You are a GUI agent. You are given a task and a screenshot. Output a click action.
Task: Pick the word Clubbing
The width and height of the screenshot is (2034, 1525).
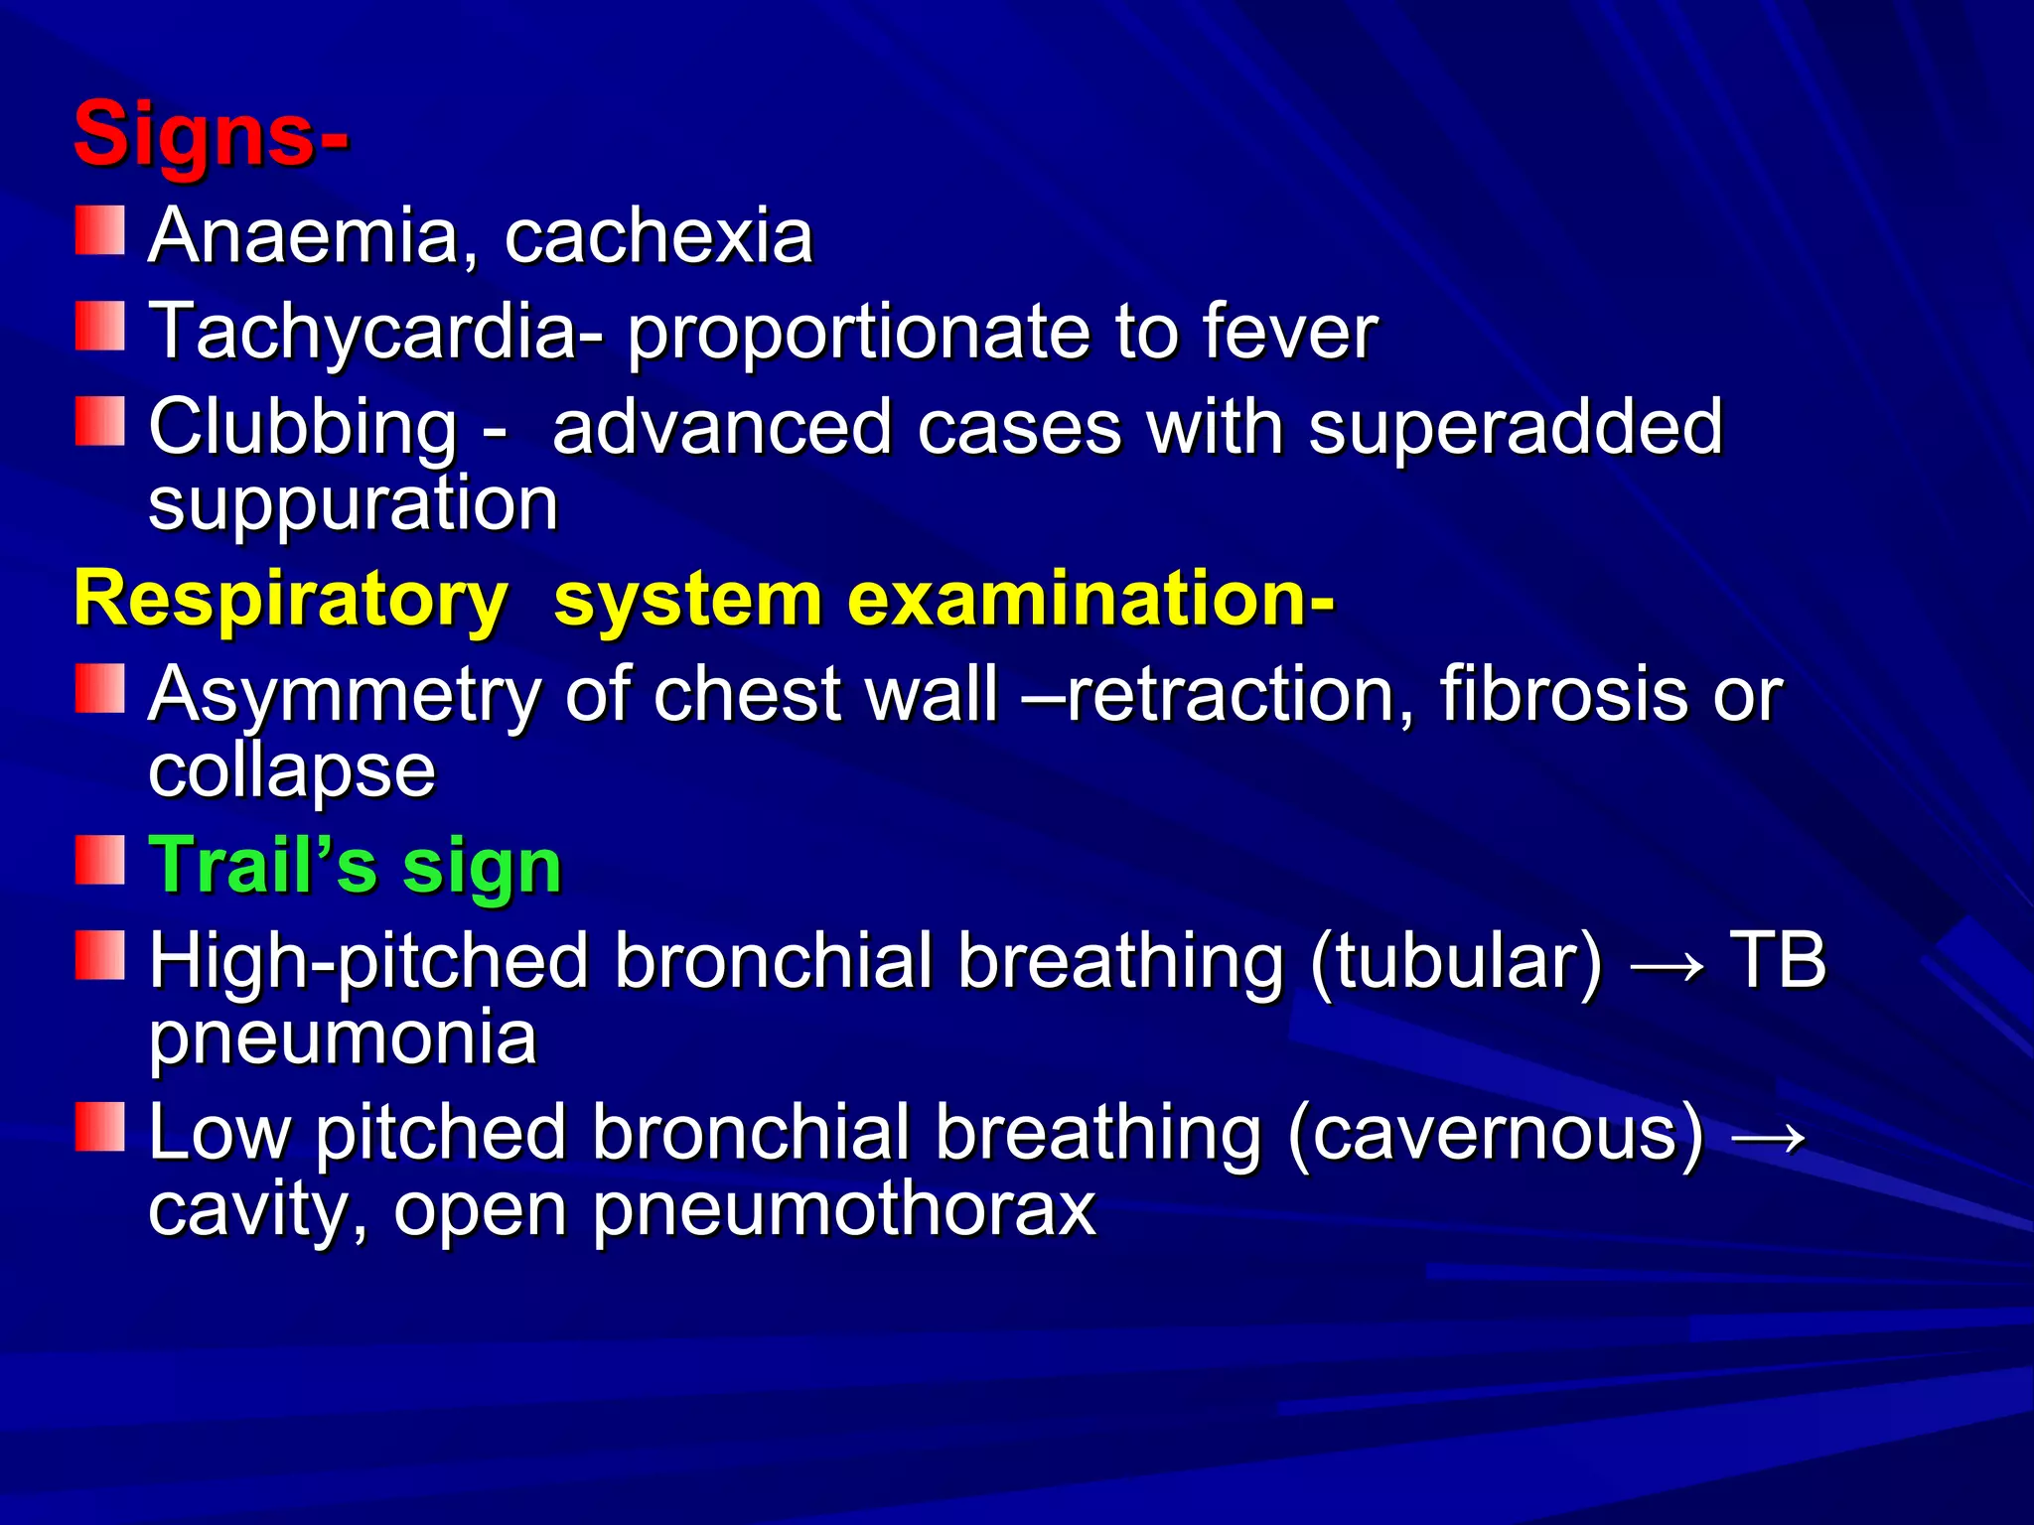(303, 427)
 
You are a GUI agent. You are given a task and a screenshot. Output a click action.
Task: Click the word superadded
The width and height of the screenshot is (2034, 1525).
(1515, 427)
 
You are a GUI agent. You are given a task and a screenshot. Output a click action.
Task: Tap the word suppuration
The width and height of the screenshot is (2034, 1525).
(353, 504)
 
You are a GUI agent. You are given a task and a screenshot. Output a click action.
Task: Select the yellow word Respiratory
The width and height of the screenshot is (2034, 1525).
(290, 600)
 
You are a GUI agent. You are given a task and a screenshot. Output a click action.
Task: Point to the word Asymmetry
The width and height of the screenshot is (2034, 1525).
(344, 694)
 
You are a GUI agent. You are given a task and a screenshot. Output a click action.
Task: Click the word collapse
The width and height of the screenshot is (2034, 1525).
(291, 770)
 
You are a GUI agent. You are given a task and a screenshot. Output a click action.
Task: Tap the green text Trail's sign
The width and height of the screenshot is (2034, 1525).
(355, 866)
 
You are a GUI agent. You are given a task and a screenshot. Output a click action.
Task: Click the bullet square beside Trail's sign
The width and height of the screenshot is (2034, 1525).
(99, 860)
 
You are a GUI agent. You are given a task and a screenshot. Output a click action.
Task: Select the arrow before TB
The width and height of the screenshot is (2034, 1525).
(1668, 963)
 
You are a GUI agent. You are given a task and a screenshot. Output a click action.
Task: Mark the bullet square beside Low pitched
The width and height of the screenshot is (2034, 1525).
(99, 1127)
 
